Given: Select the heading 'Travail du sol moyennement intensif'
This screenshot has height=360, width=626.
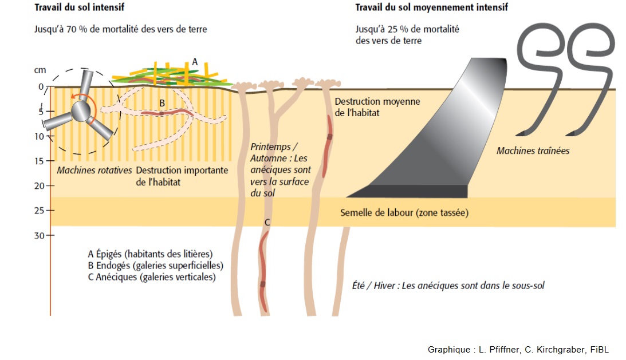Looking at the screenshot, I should click(x=431, y=8).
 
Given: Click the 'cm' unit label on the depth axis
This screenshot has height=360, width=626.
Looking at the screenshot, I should click(x=40, y=70).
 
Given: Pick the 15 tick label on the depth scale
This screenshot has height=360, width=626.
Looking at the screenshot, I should click(x=39, y=161).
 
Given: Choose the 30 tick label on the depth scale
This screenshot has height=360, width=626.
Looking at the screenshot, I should click(x=39, y=235).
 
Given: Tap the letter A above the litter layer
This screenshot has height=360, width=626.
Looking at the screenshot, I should click(x=195, y=61).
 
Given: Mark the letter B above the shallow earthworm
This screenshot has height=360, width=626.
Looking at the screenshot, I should click(x=162, y=103).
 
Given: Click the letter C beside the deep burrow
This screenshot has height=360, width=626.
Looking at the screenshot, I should click(x=267, y=223).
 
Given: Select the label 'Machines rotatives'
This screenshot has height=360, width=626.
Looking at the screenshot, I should click(x=94, y=171).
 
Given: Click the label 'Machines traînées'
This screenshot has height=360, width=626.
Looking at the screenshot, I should click(x=533, y=151).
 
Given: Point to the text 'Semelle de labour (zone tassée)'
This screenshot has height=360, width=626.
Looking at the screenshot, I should click(x=404, y=212).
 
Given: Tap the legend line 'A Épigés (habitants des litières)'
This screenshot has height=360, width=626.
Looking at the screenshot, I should click(x=150, y=254).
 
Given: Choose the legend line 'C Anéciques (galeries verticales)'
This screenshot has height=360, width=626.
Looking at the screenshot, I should click(x=151, y=277).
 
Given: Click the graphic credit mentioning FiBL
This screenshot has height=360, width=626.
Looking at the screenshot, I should click(x=518, y=350).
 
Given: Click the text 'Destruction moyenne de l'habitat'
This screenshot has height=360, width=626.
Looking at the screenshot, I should click(x=377, y=107).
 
